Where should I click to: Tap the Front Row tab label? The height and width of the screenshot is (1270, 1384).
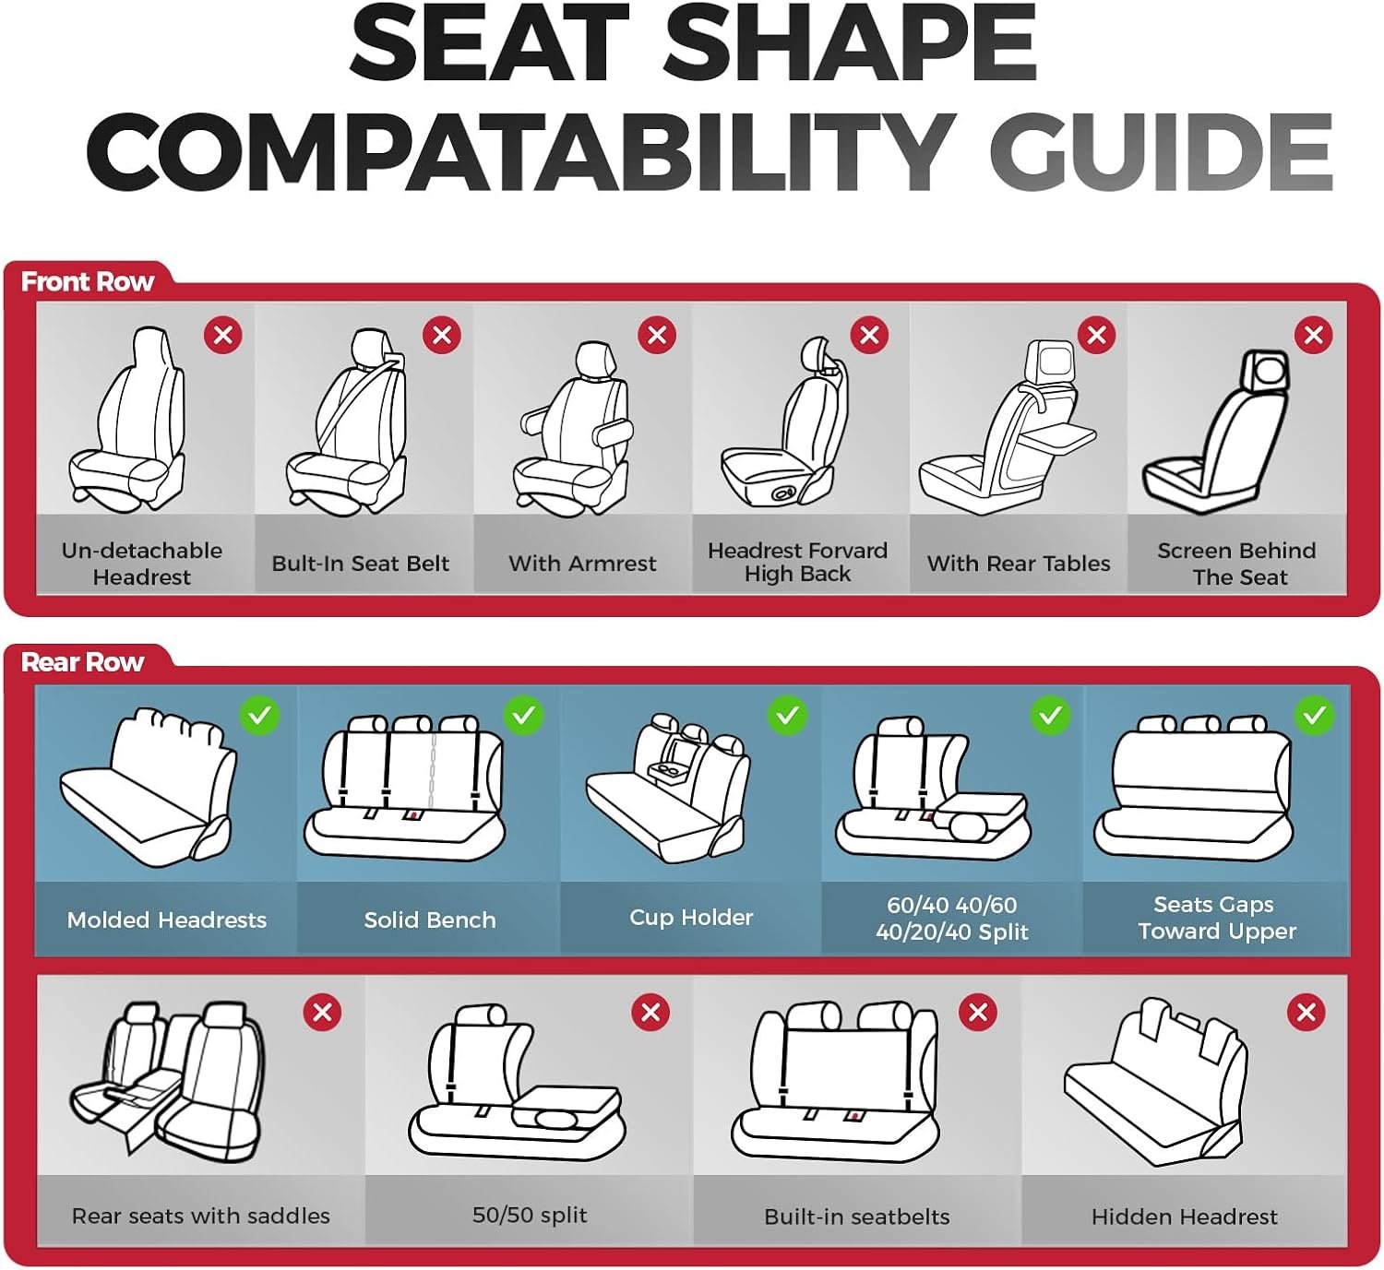click(87, 281)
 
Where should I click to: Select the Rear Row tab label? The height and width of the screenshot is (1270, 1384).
click(82, 662)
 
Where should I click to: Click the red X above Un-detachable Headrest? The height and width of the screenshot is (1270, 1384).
click(223, 335)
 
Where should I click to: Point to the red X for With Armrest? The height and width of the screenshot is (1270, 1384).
click(657, 335)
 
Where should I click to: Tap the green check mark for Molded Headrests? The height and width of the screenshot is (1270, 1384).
click(259, 716)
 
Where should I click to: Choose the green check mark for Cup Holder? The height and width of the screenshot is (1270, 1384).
click(787, 716)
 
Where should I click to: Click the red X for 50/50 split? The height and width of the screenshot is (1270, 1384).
click(650, 1012)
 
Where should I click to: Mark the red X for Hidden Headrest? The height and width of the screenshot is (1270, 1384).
click(1306, 1012)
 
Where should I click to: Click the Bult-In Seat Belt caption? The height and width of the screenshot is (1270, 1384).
click(360, 564)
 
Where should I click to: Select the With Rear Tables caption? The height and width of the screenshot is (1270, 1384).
click(1019, 564)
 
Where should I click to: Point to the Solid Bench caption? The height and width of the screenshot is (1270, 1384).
click(430, 920)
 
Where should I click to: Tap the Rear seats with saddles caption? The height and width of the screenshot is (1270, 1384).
click(200, 1216)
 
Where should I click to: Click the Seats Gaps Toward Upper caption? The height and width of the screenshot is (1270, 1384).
click(1216, 918)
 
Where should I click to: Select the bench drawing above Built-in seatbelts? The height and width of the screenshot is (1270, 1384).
click(835, 1079)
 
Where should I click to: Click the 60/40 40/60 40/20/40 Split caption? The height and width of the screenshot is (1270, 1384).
click(952, 918)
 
